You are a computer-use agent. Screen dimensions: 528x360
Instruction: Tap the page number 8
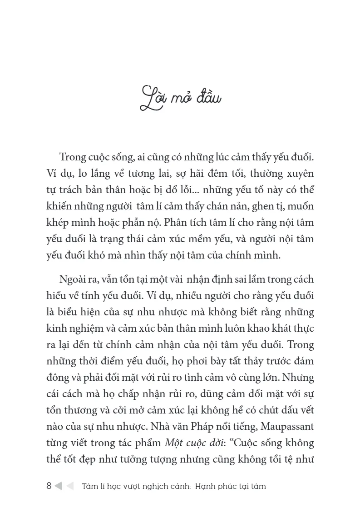point(49,486)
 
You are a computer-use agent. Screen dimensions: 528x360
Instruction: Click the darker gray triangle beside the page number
point(58,486)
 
